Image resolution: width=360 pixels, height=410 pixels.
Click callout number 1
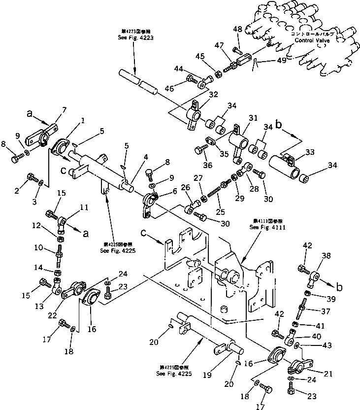point(82,120)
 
